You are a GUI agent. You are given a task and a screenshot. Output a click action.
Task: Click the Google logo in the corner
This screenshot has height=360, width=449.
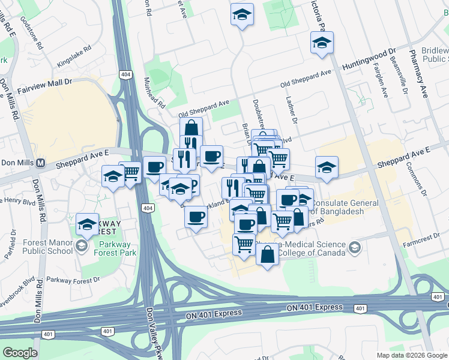tap(20, 352)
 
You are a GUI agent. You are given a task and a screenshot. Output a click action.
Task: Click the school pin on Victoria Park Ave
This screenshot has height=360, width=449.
tap(322, 43)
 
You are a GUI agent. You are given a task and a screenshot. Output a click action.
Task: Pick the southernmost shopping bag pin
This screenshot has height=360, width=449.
tap(267, 254)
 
